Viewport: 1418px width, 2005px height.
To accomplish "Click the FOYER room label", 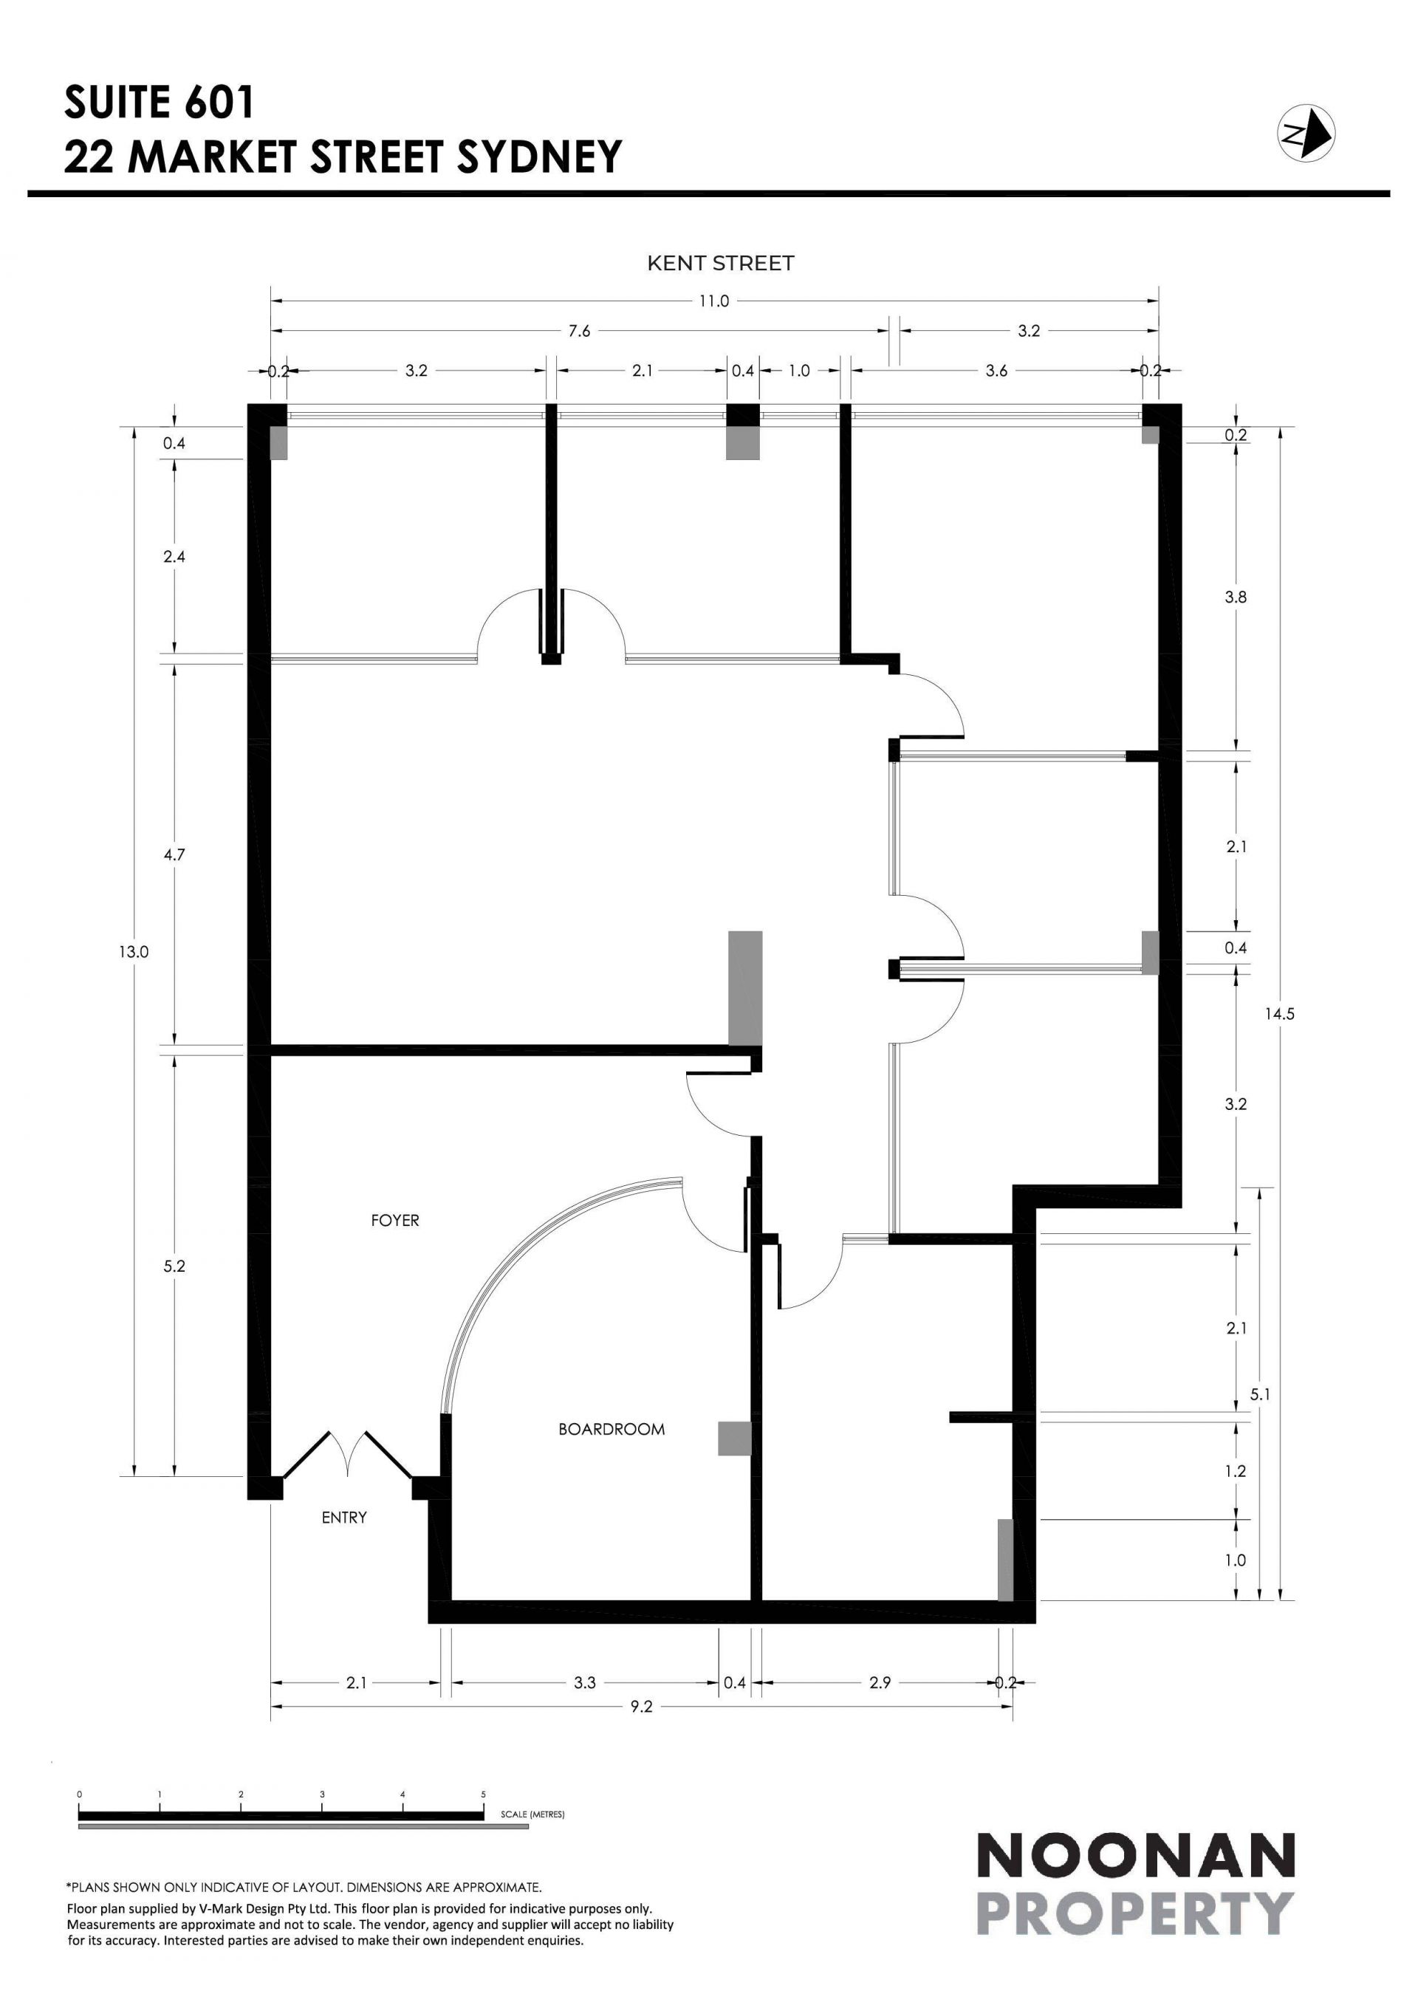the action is (394, 1220).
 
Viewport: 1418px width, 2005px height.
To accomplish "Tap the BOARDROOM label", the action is (612, 1430).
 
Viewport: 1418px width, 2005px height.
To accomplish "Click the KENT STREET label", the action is (720, 263).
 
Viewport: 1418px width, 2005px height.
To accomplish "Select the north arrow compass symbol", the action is (1306, 133).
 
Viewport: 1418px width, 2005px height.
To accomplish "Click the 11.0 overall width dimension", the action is (713, 301).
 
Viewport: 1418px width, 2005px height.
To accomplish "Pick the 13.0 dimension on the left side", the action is (134, 952).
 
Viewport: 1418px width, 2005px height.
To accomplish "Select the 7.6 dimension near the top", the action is (580, 331).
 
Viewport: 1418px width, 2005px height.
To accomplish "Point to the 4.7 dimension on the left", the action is (174, 855).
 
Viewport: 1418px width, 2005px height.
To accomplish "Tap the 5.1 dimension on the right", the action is (1260, 1394).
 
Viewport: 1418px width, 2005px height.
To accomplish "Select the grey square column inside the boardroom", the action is (734, 1439).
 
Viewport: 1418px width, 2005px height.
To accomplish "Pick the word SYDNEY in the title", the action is (540, 157).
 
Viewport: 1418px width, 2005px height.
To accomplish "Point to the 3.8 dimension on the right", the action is (1236, 598).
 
